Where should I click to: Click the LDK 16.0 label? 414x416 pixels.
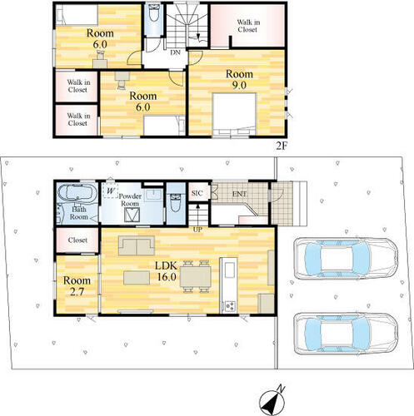[x=166, y=271]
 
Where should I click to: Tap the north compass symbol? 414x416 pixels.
[x=272, y=401]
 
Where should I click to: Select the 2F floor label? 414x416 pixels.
[x=281, y=146]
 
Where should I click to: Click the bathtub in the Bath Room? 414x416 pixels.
[x=77, y=193]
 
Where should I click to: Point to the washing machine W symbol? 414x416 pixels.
[x=111, y=191]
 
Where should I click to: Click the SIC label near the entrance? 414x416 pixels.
[x=197, y=193]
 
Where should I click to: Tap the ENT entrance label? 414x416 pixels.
[x=239, y=194]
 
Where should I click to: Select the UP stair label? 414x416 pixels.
[x=197, y=230]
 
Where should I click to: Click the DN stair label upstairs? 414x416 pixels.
[x=175, y=52]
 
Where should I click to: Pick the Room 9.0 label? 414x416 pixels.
[x=239, y=79]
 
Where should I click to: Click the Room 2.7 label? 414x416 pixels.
[x=77, y=285]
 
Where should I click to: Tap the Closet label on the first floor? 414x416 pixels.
[x=77, y=240]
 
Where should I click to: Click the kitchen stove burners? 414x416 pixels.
[x=230, y=306]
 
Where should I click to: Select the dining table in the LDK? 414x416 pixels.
[x=196, y=276]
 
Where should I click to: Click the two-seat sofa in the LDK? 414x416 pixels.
[x=137, y=245]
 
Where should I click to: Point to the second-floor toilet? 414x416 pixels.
[x=153, y=12]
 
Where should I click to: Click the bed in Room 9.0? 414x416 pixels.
[x=234, y=114]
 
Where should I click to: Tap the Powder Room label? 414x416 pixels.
[x=130, y=200]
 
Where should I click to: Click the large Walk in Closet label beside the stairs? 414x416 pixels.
[x=248, y=26]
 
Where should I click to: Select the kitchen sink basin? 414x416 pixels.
[x=229, y=270]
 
